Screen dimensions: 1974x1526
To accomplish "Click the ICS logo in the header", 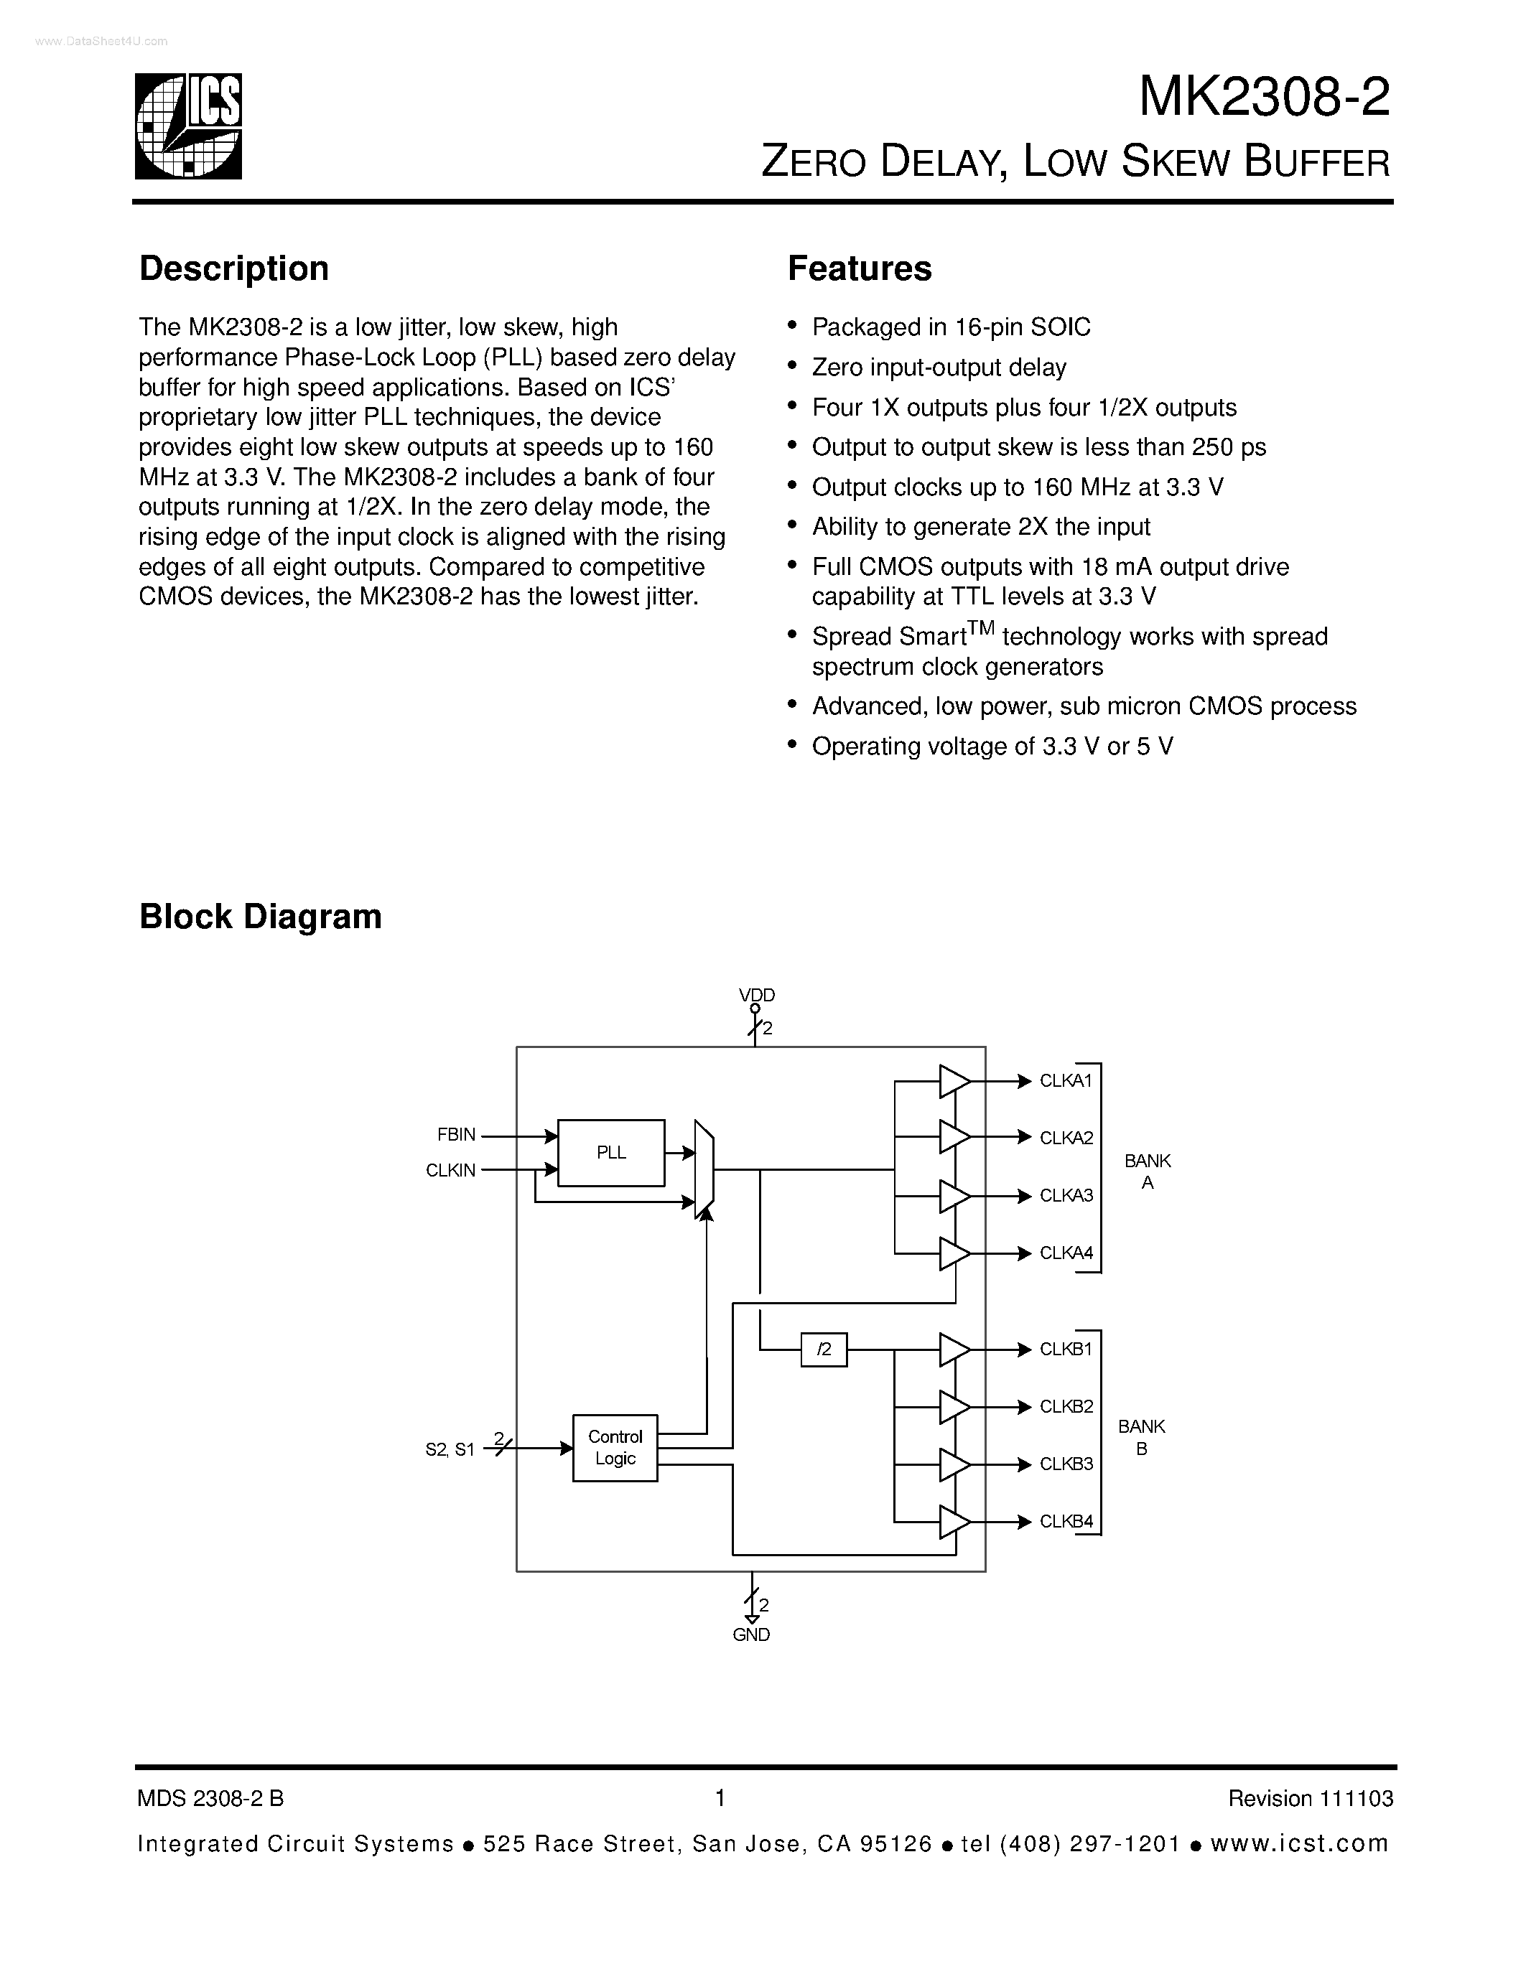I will tap(189, 126).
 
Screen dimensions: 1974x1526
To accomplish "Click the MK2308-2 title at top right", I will tap(1263, 98).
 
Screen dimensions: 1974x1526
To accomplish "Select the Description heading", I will tap(234, 268).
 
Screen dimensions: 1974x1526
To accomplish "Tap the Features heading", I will tap(859, 268).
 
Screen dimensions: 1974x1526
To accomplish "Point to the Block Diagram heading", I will tap(261, 917).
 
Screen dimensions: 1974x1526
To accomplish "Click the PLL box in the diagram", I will tap(611, 1152).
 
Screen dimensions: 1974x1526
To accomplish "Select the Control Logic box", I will tap(615, 1447).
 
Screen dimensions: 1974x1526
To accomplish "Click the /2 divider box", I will tap(824, 1349).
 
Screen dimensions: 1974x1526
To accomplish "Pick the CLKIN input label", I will tap(450, 1171).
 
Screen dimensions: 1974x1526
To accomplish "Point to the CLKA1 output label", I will tap(1066, 1081).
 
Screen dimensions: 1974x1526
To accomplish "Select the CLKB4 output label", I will tap(1066, 1521).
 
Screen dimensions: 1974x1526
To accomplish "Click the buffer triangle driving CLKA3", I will tap(954, 1196).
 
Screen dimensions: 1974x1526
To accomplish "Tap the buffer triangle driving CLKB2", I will tap(954, 1406).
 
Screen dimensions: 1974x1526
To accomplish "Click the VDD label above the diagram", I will tap(757, 995).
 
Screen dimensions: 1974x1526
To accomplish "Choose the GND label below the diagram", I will tap(751, 1635).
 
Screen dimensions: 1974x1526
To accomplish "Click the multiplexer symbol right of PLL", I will tap(703, 1169).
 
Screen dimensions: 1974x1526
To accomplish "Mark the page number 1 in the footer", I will tap(720, 1799).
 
